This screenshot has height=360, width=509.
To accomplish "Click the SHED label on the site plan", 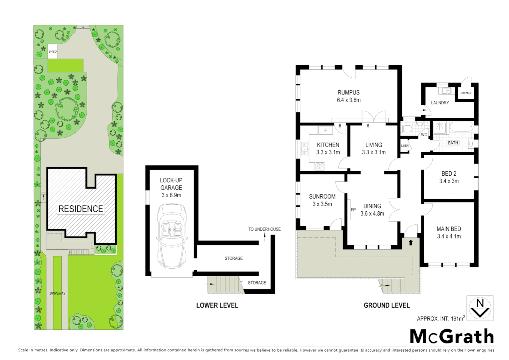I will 52,51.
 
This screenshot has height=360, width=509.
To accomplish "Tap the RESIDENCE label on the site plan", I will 81,209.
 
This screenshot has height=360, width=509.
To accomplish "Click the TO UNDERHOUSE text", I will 264,229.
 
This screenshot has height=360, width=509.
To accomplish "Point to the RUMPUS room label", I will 348,93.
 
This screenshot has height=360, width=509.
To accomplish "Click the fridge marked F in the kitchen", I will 325,130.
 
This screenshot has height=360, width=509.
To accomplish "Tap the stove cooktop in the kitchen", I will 320,166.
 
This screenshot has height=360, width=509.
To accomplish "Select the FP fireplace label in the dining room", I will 353,210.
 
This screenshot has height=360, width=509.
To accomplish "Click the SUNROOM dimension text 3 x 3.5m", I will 322,204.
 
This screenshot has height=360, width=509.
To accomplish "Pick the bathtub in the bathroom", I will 461,127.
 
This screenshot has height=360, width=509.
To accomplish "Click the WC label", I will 424,135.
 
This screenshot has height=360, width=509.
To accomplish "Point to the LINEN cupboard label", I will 405,146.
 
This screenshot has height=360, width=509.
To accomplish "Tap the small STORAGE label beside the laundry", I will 466,93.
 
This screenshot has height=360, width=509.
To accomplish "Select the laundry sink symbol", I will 445,91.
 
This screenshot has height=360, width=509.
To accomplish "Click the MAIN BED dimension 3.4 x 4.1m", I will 449,236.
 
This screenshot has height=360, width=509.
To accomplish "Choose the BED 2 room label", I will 449,174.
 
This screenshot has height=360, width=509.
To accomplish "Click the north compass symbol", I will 480,308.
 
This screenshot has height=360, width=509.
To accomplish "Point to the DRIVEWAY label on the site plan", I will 57,293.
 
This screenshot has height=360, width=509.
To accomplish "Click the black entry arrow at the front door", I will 411,242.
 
